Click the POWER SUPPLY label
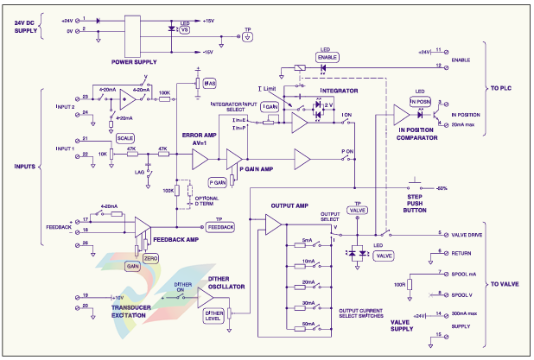(133, 61)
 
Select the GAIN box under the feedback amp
(134, 267)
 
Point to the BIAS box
(209, 83)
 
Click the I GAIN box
(269, 106)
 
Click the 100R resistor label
(399, 283)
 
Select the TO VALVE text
(504, 283)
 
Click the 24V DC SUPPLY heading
(33, 27)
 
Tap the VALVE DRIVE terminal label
(467, 233)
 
